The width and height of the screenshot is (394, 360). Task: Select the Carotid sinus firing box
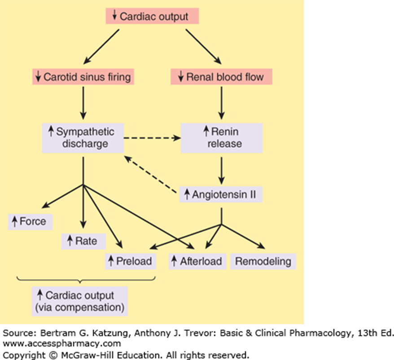[83, 77]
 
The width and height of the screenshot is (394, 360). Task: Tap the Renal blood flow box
[223, 77]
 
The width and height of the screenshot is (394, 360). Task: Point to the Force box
[31, 221]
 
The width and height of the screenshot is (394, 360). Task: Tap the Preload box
[130, 261]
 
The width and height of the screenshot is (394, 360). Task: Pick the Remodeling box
[263, 261]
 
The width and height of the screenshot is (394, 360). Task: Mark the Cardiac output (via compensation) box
[80, 302]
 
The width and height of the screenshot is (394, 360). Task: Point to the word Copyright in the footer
[18, 353]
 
